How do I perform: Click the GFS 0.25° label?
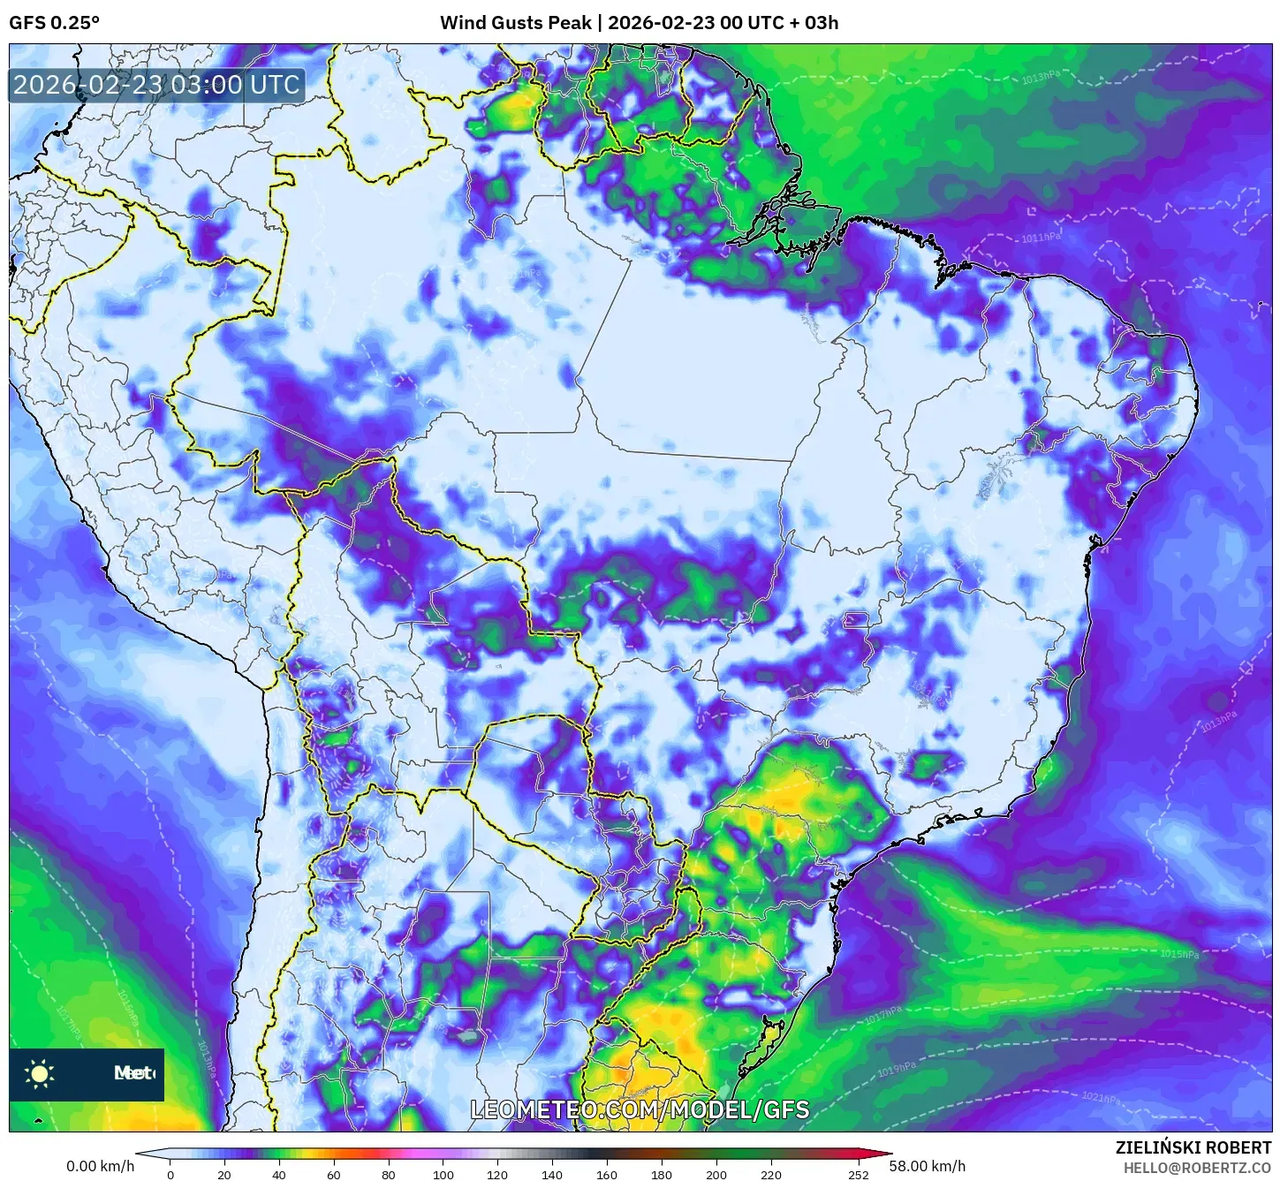coord(54,23)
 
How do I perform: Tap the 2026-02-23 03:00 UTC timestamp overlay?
coord(156,85)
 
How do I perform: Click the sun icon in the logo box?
coord(40,1073)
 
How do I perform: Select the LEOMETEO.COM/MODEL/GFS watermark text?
coord(640,1109)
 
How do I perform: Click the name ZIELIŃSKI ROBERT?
coord(1193,1147)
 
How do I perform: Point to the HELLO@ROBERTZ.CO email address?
coord(1197,1167)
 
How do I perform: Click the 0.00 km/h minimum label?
coord(101,1166)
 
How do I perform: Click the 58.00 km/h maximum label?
coord(928,1166)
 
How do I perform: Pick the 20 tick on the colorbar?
coord(224,1174)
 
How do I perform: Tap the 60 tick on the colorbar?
coord(333,1174)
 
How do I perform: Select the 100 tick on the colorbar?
coord(443,1174)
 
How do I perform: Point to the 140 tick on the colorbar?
coord(552,1174)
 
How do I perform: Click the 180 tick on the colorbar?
coord(662,1174)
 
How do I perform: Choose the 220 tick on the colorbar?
coord(771,1174)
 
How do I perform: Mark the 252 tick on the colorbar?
coord(859,1174)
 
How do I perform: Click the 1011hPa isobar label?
coord(1041,238)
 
